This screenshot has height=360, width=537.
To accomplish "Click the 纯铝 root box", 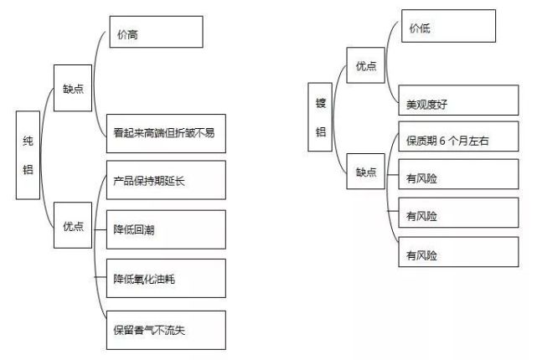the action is [28, 155].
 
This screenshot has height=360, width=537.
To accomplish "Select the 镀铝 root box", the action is [320, 116].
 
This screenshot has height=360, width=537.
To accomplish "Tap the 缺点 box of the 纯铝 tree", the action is [73, 88].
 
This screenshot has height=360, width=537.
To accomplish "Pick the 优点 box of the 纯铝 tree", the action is [73, 225].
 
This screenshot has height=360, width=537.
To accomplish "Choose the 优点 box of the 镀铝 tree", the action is [365, 65].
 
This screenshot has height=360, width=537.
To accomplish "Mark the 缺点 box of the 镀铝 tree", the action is [365, 171].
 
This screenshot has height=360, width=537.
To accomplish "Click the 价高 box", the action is [156, 32].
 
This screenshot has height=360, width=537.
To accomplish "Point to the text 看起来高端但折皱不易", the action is [164, 133].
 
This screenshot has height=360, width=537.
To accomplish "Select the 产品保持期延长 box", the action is [166, 180].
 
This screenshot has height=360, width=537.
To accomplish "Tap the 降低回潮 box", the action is [166, 229].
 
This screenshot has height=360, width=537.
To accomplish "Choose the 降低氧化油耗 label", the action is [144, 279].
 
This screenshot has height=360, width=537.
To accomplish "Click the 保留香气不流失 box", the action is [166, 330].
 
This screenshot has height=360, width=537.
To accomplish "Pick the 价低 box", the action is [448, 26].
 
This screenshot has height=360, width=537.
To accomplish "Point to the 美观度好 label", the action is [426, 104].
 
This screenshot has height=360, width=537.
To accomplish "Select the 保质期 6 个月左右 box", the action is [458, 136].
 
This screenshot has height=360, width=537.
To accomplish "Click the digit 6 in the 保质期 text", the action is [442, 141].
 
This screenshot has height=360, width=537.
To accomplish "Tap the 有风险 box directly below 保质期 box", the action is [458, 174].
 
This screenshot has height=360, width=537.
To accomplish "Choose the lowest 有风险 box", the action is [458, 251].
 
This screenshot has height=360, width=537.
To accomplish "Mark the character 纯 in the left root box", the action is [28, 141].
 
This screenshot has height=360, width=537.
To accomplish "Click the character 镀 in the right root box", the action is [321, 103].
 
